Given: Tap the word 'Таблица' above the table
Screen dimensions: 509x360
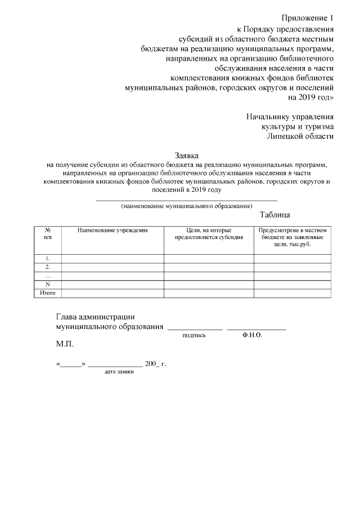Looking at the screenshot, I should (x=275, y=215).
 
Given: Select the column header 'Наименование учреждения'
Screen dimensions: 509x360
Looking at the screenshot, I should (x=112, y=231).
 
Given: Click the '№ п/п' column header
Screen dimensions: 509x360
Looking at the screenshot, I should (x=48, y=234).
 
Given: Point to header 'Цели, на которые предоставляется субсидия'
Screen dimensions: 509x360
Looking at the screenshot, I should (x=209, y=234).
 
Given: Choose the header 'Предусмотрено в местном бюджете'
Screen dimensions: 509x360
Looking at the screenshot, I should (x=292, y=237).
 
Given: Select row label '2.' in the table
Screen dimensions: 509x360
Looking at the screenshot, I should (x=48, y=267).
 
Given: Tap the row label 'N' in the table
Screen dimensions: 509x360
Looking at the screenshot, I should (x=48, y=284).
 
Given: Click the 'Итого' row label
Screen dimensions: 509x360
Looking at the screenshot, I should (x=48, y=293).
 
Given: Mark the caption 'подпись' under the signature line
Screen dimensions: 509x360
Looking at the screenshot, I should (x=194, y=335).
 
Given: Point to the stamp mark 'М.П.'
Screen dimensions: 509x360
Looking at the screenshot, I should (x=65, y=343).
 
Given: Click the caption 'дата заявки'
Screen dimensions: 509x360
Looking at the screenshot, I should (x=119, y=372).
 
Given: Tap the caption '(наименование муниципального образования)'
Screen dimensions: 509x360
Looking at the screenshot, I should (x=187, y=206).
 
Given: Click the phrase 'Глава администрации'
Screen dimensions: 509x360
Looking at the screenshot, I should (x=95, y=317).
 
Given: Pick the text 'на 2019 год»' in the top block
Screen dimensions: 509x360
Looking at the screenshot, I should (x=311, y=97).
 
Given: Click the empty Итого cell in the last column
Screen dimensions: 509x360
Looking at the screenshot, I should (x=292, y=293).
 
